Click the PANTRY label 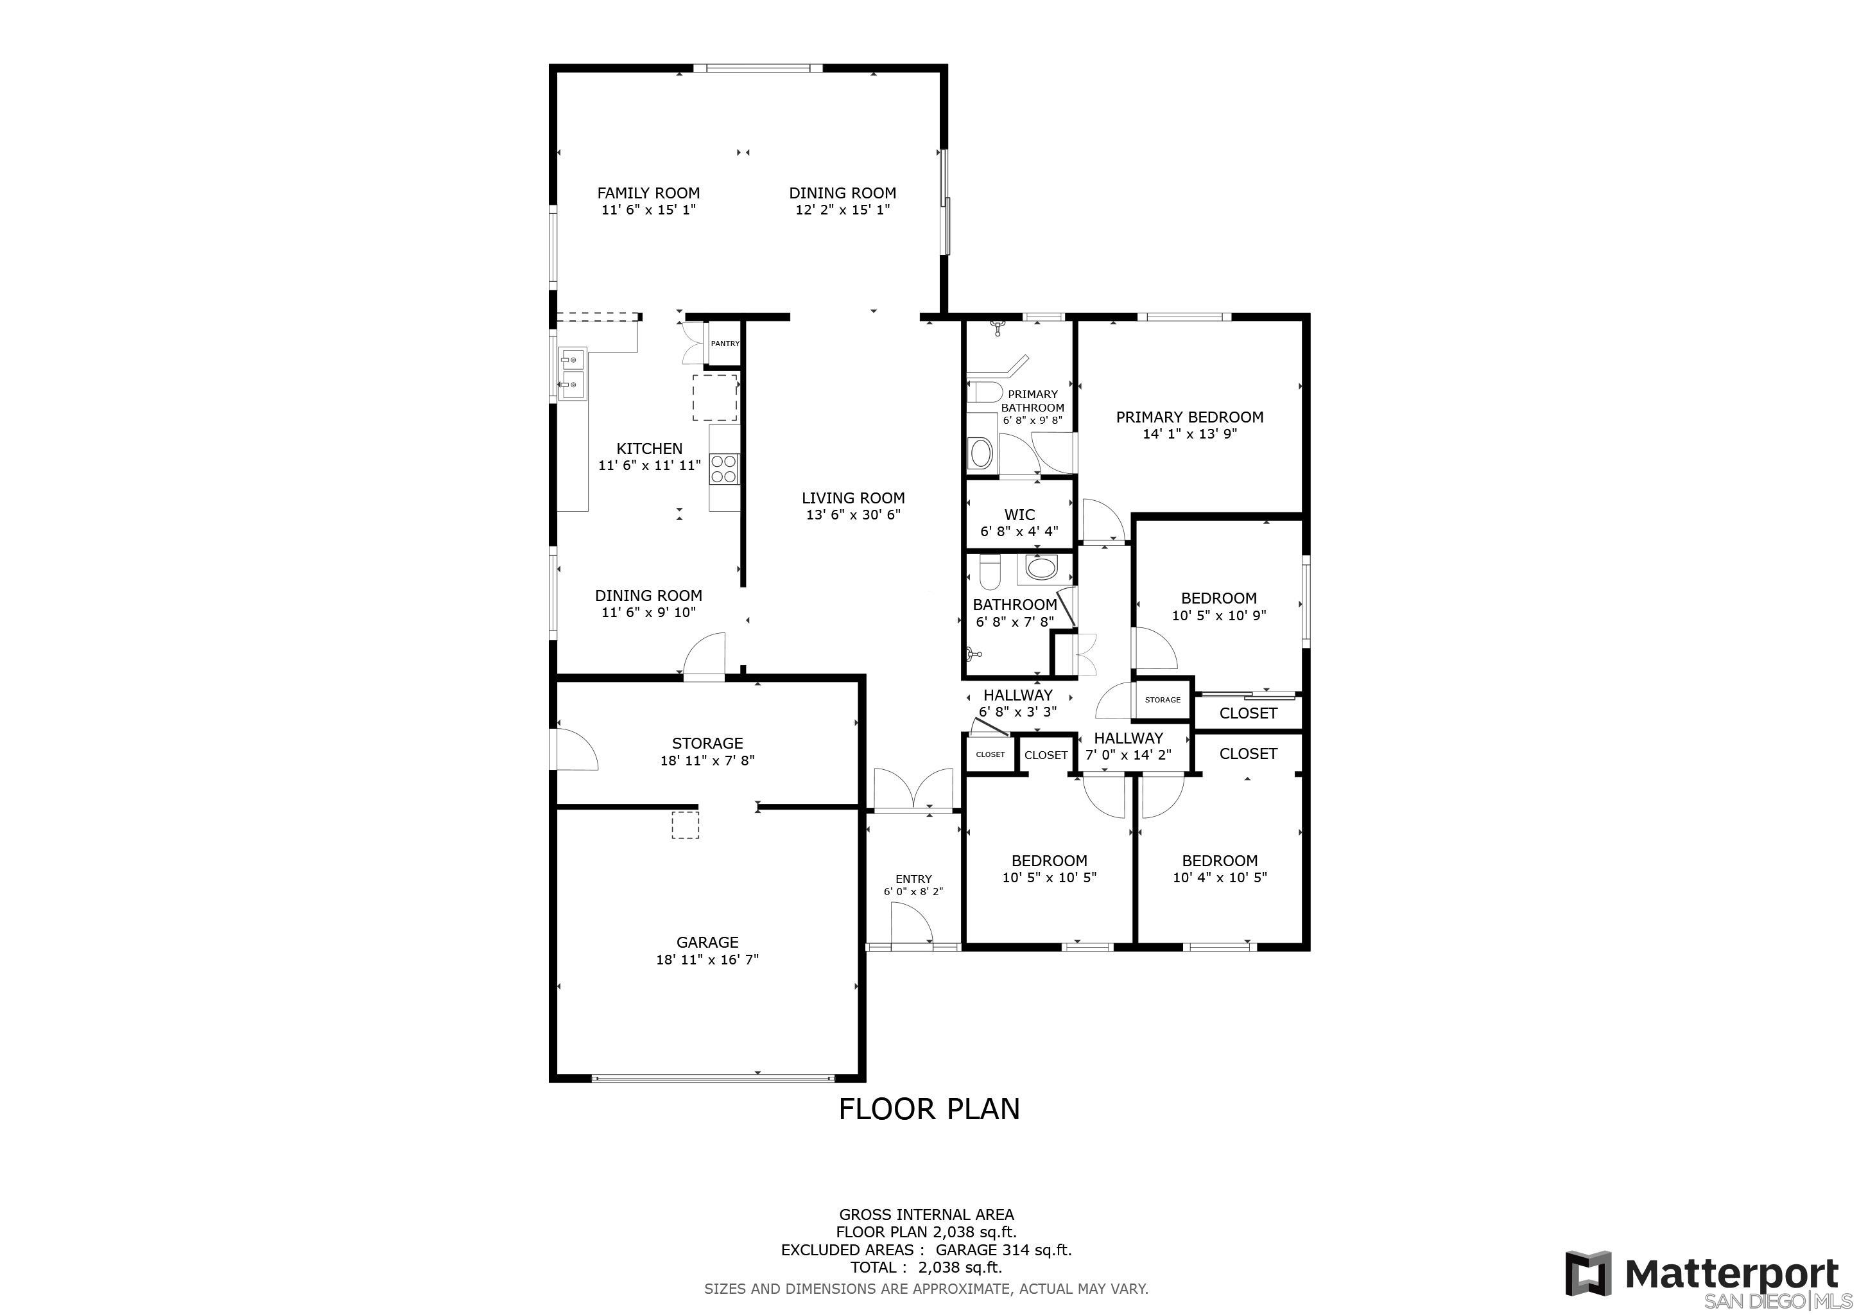[725, 344]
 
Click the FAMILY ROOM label [648, 193]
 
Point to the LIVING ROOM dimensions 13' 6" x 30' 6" [853, 514]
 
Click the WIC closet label [1019, 514]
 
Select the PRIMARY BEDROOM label [1189, 417]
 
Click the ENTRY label [913, 878]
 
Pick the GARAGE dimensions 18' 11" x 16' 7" [707, 959]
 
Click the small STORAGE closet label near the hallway [1163, 700]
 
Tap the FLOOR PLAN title [929, 1108]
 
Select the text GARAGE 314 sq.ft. [1003, 1250]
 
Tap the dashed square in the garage [685, 825]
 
